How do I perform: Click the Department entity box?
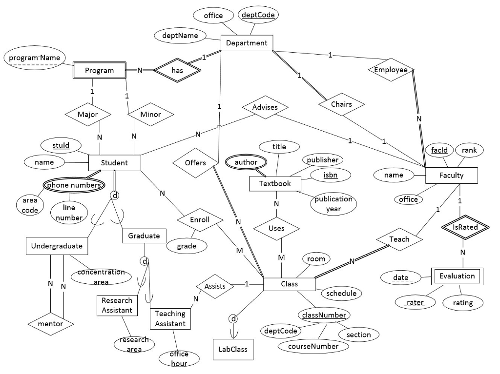pos(247,43)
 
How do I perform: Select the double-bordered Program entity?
pos(99,70)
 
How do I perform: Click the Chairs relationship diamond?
pos(341,104)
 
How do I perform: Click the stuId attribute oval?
pos(61,145)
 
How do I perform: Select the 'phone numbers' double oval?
pos(74,185)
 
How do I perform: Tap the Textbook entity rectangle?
pos(274,183)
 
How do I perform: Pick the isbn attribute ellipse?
pos(330,174)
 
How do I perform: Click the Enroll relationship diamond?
pos(199,220)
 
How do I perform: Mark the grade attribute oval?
pos(187,246)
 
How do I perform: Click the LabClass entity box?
pos(233,349)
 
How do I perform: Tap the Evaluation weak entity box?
pos(457,276)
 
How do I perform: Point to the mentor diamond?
pos(51,323)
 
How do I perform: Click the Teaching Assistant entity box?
pos(170,318)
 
